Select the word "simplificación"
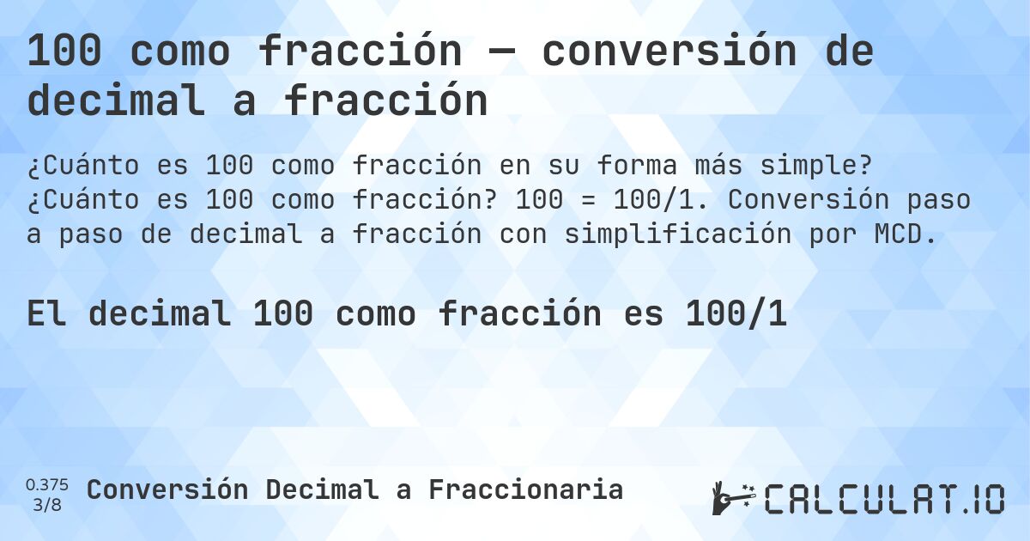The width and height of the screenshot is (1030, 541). coord(677,234)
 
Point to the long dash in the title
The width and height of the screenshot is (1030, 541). coord(501,52)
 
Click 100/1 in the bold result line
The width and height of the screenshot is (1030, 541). coord(736,315)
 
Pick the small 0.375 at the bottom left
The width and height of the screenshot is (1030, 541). coord(47,483)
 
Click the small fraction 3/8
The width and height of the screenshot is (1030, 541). coord(47,504)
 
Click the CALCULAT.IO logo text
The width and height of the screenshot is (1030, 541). coord(885,499)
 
